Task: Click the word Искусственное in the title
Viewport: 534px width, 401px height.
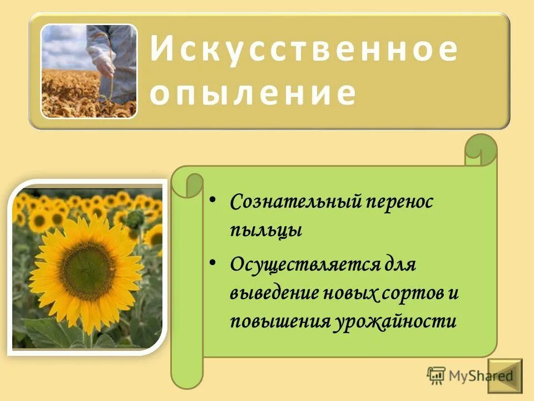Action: click(x=304, y=51)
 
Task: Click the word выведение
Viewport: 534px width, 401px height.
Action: click(x=272, y=293)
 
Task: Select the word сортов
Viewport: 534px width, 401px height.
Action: click(x=412, y=293)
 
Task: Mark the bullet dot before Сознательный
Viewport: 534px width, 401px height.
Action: click(x=215, y=200)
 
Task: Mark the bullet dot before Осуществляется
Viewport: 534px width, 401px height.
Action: click(x=215, y=261)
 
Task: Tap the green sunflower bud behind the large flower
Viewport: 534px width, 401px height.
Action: click(x=134, y=218)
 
